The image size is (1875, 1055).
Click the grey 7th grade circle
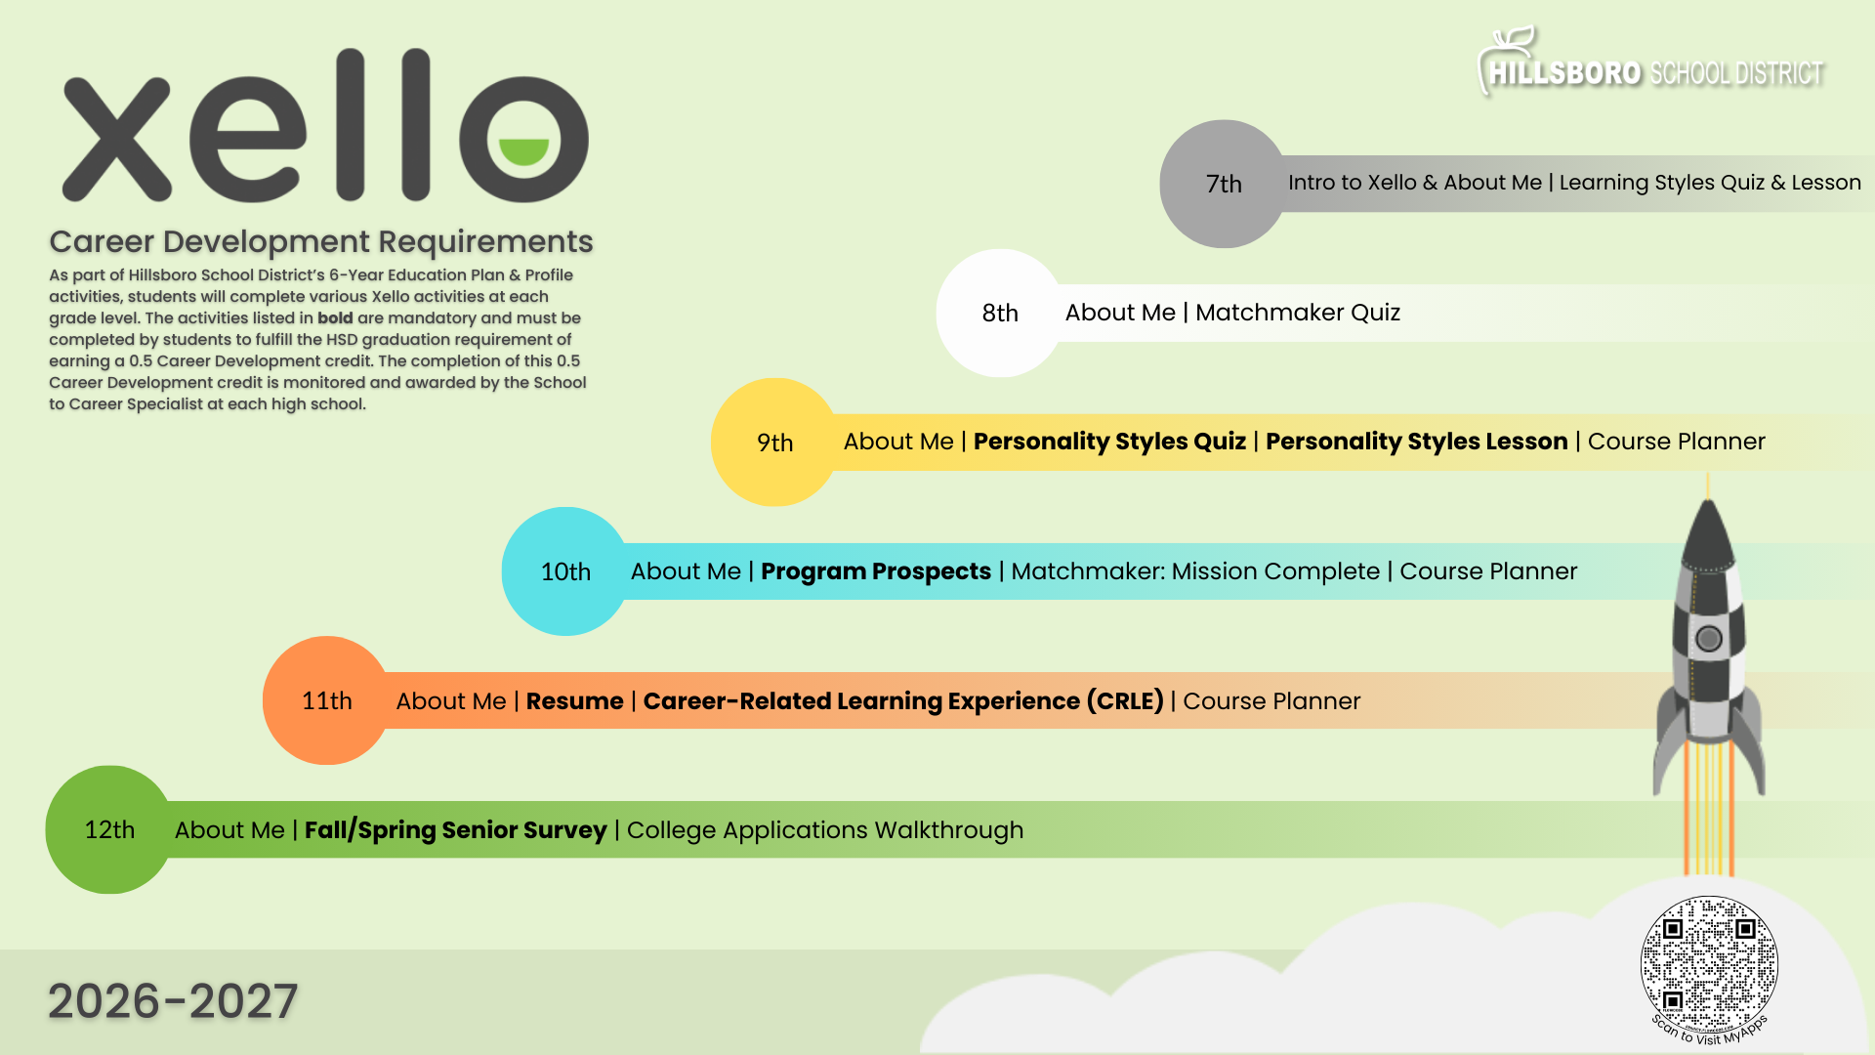(x=1223, y=184)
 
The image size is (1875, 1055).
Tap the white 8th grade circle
(x=999, y=313)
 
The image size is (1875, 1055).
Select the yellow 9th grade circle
(x=774, y=443)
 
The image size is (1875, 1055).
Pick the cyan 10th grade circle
(x=565, y=571)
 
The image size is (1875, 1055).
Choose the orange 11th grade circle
(x=326, y=700)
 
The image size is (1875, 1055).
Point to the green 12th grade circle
(x=109, y=829)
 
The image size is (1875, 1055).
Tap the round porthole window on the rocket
(x=1709, y=639)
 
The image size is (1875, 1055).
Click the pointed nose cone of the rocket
(x=1708, y=518)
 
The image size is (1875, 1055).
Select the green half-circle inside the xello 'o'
(x=524, y=150)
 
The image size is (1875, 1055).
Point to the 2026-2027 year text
(x=173, y=1001)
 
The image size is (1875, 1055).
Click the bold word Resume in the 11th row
(x=574, y=701)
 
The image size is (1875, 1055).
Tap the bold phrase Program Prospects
(x=875, y=571)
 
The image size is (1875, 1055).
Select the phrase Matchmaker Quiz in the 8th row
(x=1298, y=313)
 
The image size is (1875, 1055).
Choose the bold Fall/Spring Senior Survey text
(x=455, y=830)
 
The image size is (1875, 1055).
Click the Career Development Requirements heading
(x=321, y=241)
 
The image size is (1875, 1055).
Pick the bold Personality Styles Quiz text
(x=1109, y=442)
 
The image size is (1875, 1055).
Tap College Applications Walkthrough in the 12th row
(x=825, y=830)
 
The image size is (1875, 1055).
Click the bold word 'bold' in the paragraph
(x=335, y=318)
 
